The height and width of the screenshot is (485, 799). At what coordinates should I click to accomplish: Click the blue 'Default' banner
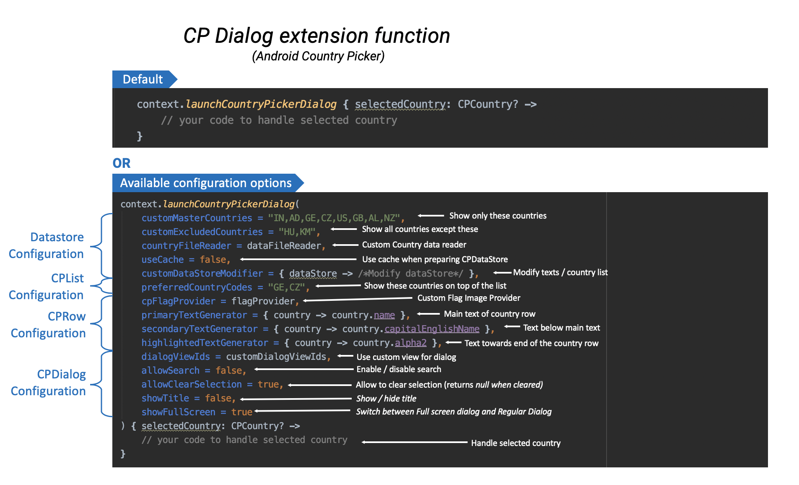coord(145,79)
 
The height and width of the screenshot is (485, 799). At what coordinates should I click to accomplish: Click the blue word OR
coord(122,163)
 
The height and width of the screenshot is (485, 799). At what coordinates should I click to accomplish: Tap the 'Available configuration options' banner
coord(208,183)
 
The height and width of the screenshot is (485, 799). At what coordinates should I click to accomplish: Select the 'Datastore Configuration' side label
coord(47,245)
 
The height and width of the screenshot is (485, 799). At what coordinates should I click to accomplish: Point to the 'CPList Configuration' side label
coord(47,287)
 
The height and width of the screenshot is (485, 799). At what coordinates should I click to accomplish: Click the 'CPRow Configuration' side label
coord(48,325)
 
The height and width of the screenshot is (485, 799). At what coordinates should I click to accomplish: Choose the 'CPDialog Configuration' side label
coord(48,383)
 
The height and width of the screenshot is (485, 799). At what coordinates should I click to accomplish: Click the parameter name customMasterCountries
coord(197,218)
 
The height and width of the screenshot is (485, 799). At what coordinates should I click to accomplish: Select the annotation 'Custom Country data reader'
coord(414,245)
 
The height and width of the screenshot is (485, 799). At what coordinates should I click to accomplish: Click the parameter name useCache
coord(163,260)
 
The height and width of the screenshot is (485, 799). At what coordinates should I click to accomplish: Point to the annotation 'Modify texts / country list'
coord(560,272)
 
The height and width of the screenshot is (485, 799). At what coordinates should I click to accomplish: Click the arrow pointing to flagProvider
coord(358,299)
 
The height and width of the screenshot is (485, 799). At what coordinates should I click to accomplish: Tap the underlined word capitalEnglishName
coord(432,329)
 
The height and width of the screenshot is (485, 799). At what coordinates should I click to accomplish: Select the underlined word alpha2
coord(410,343)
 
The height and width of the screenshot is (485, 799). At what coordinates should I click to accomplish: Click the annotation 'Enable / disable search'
coord(399,369)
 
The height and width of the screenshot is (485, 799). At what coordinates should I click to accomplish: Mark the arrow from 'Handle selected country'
coord(415,442)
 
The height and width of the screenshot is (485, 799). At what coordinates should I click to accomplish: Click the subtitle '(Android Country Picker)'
coord(318,56)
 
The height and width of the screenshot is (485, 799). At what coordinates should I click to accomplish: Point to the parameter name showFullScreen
coord(178,412)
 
